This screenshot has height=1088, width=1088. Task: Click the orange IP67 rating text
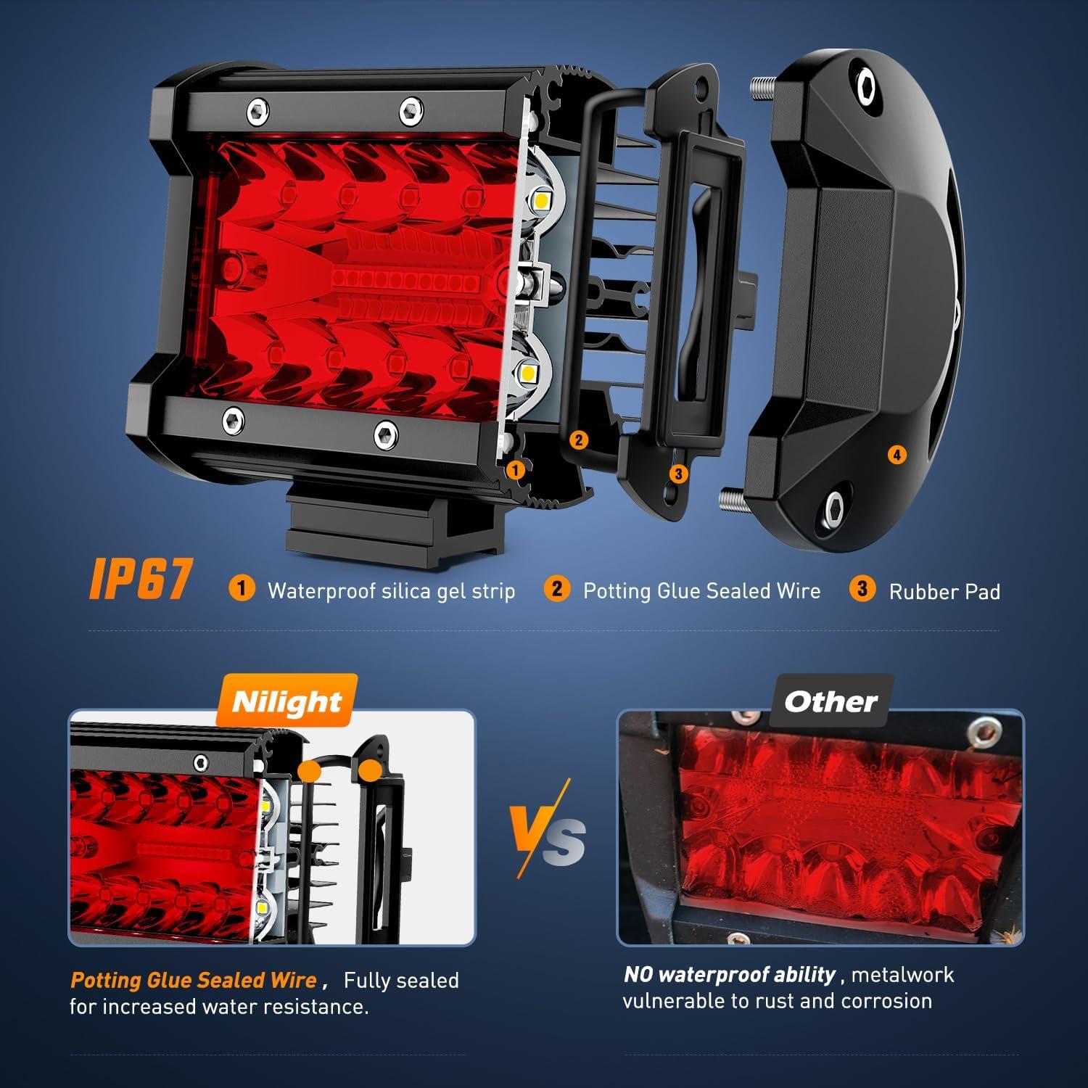(x=141, y=580)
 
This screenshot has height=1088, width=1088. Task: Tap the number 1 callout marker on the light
(x=516, y=470)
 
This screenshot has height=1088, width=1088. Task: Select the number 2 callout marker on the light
(x=578, y=440)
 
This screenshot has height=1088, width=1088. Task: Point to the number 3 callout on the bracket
(x=678, y=474)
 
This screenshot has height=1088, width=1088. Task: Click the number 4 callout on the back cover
(x=897, y=455)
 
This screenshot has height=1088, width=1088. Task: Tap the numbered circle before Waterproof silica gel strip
(x=242, y=588)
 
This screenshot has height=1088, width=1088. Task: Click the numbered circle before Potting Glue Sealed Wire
(x=556, y=588)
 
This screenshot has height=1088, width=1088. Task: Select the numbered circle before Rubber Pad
(x=862, y=588)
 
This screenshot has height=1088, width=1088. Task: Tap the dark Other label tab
(x=831, y=701)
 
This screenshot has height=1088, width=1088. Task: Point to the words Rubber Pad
(x=944, y=592)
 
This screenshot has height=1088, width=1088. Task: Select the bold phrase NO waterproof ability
(x=730, y=975)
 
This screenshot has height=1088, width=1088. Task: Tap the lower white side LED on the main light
(x=528, y=374)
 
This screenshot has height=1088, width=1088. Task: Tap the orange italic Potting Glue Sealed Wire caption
(x=194, y=981)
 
